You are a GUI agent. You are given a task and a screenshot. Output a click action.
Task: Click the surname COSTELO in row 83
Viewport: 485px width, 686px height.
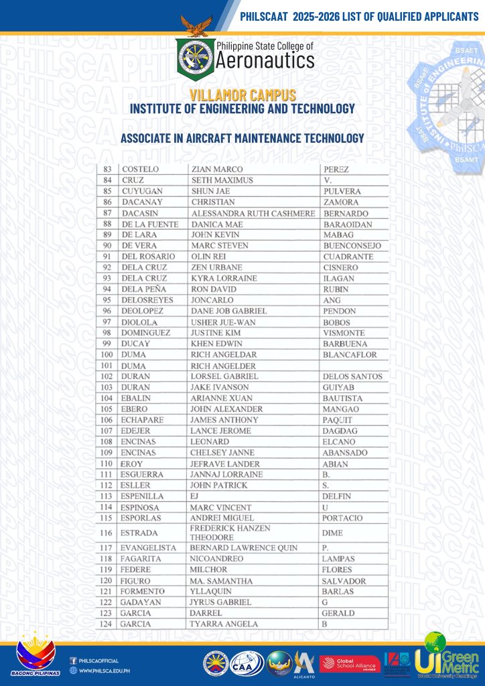click(x=139, y=169)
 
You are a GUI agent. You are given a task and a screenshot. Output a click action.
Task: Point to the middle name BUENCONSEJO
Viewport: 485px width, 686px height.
click(x=352, y=246)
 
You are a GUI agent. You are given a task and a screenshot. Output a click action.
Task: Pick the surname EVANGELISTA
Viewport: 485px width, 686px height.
click(x=148, y=547)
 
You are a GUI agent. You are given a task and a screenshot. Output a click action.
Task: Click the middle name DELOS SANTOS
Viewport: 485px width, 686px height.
click(x=352, y=376)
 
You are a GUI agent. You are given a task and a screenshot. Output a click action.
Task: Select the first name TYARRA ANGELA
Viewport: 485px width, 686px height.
click(x=224, y=624)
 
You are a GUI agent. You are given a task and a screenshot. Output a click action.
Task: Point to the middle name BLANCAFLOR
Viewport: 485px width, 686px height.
click(x=350, y=354)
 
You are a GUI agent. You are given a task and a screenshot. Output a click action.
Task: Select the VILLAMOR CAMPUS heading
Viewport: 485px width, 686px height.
click(x=242, y=96)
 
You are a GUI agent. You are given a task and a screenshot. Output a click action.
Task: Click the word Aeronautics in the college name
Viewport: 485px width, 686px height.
click(x=265, y=62)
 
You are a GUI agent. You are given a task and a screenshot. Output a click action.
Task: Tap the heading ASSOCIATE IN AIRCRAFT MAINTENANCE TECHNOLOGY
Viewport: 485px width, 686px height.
click(x=242, y=138)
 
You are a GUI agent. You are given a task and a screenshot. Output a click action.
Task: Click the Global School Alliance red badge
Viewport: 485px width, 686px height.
click(x=350, y=663)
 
